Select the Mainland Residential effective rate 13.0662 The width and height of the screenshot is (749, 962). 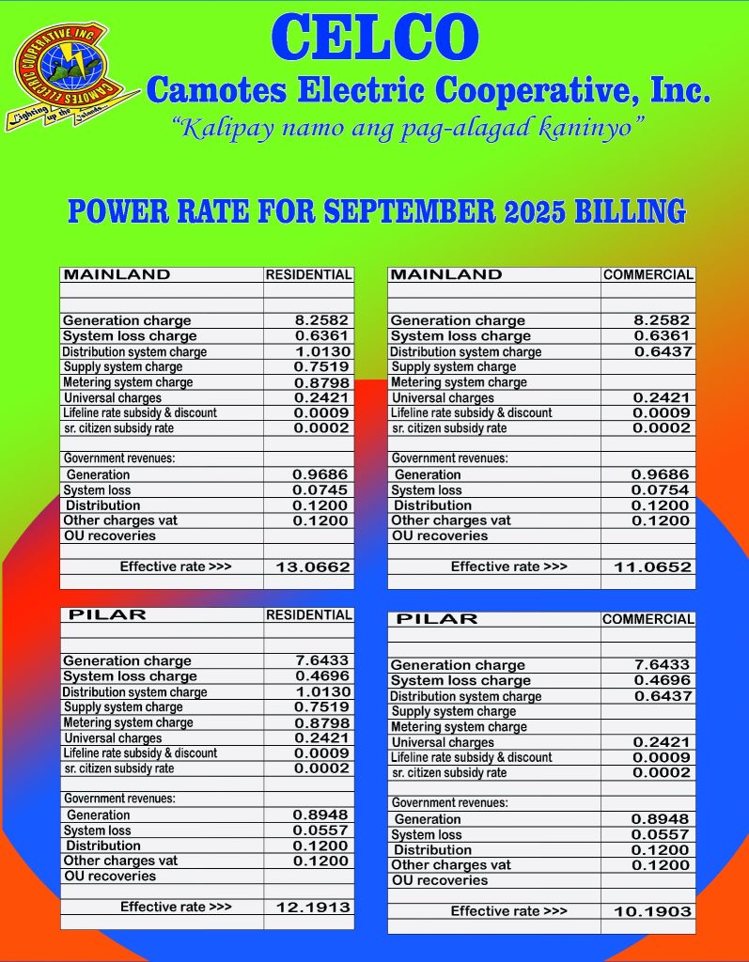(x=313, y=567)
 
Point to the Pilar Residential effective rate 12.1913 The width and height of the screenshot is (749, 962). (x=313, y=908)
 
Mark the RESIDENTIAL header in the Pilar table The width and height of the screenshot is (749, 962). (x=308, y=615)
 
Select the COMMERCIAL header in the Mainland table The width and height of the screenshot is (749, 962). (x=648, y=275)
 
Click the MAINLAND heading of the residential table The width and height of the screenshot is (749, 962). (x=117, y=275)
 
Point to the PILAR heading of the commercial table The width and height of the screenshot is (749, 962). (x=437, y=619)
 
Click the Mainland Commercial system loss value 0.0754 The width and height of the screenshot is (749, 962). (x=661, y=490)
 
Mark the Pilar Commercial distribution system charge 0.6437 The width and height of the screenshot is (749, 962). (x=661, y=696)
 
